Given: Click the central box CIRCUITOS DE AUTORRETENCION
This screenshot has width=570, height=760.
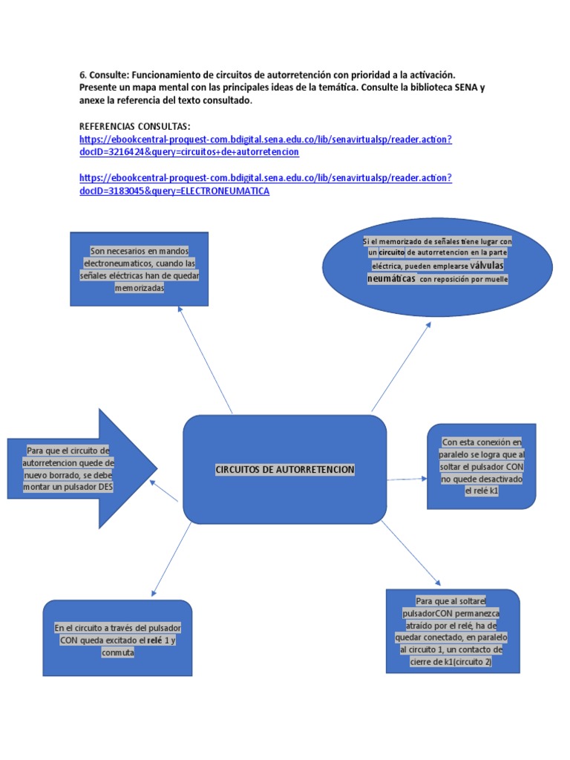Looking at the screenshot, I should [x=284, y=469].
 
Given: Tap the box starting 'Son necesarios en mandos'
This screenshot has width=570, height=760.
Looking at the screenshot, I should [x=139, y=269].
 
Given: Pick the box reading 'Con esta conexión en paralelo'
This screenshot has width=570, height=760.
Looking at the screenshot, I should [x=481, y=467].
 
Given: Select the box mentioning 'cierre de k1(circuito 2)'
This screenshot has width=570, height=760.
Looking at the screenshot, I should [x=452, y=632].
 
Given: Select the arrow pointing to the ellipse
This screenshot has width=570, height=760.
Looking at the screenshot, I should [x=401, y=367].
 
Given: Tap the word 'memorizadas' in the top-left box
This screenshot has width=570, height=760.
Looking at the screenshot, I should [x=139, y=288].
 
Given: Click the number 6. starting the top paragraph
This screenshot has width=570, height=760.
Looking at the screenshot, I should [x=82, y=75].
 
